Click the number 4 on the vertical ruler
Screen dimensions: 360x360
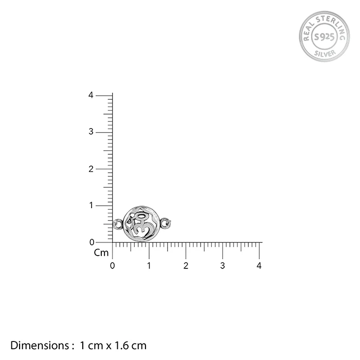pos(91,95)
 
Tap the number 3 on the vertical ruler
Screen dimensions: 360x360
pos(91,132)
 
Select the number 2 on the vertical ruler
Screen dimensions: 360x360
pos(91,169)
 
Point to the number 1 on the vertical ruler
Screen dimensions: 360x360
pos(92,205)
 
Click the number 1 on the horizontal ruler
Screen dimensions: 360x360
pos(149,266)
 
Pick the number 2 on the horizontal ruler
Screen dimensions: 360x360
pos(186,266)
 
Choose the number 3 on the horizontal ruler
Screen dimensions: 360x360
pos(223,266)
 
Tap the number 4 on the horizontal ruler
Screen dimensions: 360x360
pos(259,266)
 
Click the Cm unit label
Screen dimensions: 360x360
pos(101,253)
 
